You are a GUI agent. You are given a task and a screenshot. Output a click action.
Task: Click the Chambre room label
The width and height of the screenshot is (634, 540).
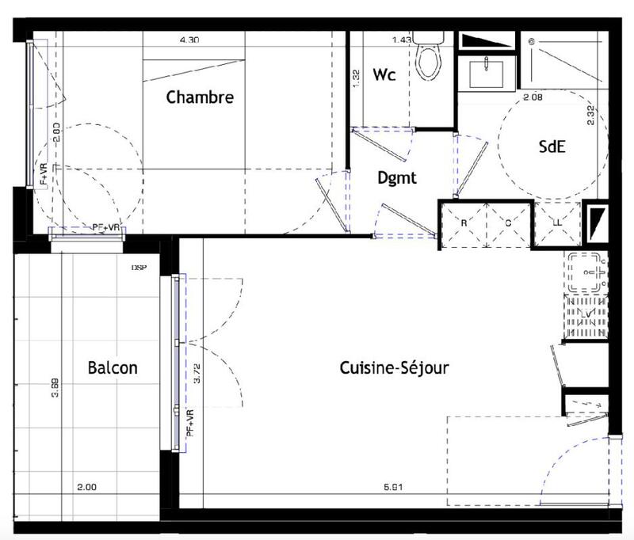coord(200,98)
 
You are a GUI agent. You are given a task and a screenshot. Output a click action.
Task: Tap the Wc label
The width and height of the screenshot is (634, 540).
coord(384,76)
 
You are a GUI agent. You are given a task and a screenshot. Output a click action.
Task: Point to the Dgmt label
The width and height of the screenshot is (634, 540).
coord(396,179)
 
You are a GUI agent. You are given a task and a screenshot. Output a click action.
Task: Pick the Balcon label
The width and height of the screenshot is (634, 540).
coord(113,368)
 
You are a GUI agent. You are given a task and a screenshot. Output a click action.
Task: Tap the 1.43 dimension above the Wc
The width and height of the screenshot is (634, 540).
coord(403,39)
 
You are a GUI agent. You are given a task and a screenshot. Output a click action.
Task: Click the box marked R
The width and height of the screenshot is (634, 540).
coord(464,222)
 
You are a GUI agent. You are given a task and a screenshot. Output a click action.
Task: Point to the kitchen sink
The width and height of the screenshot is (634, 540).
coord(587,272)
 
